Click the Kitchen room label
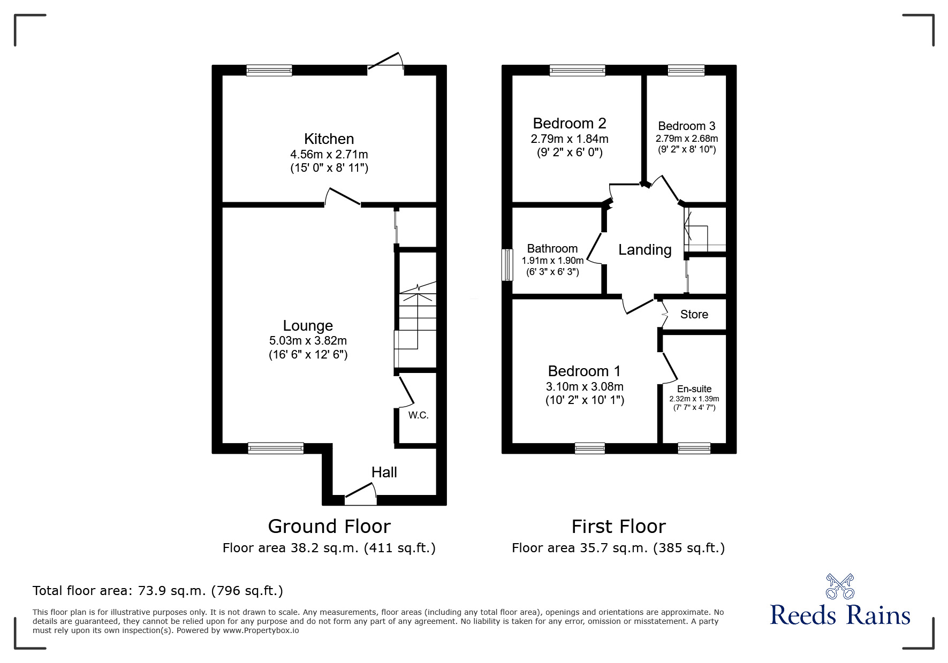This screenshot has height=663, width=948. (x=329, y=139)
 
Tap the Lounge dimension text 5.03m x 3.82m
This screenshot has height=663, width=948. (x=308, y=340)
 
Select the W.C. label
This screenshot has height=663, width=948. (x=418, y=415)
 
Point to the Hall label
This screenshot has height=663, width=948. (x=384, y=472)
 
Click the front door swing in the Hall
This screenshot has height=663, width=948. (x=360, y=493)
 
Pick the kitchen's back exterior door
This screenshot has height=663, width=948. (x=385, y=60)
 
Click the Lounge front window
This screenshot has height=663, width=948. (x=276, y=448)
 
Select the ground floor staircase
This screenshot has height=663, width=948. (x=415, y=325)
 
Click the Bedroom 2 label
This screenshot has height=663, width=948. (x=570, y=124)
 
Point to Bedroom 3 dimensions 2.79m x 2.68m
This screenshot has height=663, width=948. (x=687, y=139)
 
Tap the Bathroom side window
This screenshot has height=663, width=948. (x=507, y=264)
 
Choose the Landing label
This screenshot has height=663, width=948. (x=645, y=250)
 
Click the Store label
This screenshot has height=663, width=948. (x=694, y=314)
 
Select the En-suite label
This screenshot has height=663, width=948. (x=694, y=389)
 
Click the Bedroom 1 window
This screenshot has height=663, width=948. (x=590, y=448)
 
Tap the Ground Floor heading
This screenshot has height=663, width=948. (x=329, y=527)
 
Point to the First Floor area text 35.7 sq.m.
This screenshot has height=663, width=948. (x=618, y=548)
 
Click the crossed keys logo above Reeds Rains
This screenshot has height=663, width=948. (x=840, y=586)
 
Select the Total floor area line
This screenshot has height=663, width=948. (x=158, y=591)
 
